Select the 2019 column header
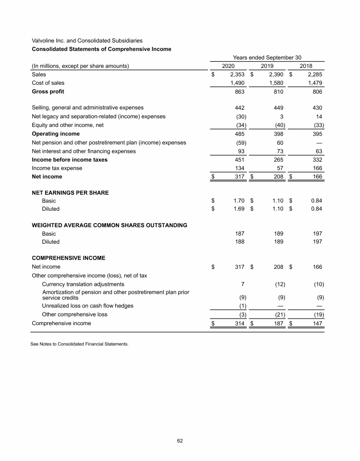(x=267, y=66)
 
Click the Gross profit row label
(x=48, y=91)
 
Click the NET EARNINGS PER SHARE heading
(x=70, y=193)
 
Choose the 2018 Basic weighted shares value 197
(x=317, y=233)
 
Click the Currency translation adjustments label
(x=83, y=284)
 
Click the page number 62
(x=180, y=440)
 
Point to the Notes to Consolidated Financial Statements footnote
(x=79, y=344)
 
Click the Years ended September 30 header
(x=267, y=57)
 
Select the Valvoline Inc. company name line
(x=87, y=41)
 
